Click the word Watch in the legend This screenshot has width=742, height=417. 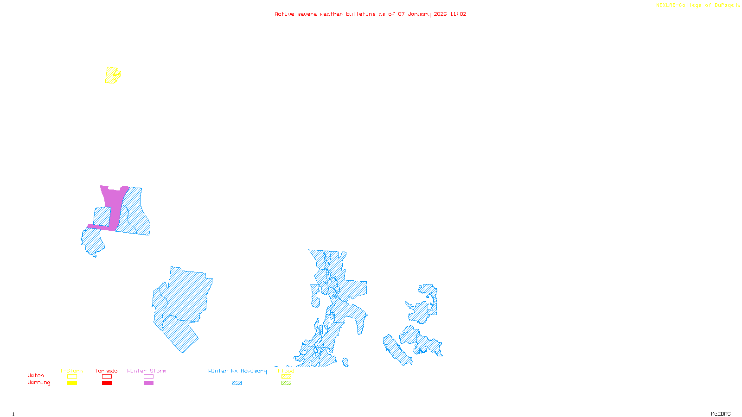(x=36, y=376)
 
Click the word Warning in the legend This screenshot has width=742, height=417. (x=39, y=383)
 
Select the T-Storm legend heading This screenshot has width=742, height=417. (x=71, y=371)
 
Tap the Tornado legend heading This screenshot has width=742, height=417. (x=106, y=371)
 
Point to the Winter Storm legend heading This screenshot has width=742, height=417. (x=147, y=371)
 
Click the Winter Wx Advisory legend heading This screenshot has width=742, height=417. (x=237, y=371)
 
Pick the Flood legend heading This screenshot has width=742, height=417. (x=286, y=371)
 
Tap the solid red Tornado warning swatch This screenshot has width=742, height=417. (x=107, y=383)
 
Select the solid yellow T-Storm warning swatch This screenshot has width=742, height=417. (x=72, y=383)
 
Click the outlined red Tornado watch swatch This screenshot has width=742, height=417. (x=107, y=377)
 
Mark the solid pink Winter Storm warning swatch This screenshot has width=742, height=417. (x=148, y=383)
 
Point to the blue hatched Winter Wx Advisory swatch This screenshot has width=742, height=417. (x=237, y=383)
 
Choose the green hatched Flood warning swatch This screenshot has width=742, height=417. (x=286, y=383)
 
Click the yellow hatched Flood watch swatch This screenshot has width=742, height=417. (x=286, y=377)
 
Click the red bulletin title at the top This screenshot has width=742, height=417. (x=371, y=14)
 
